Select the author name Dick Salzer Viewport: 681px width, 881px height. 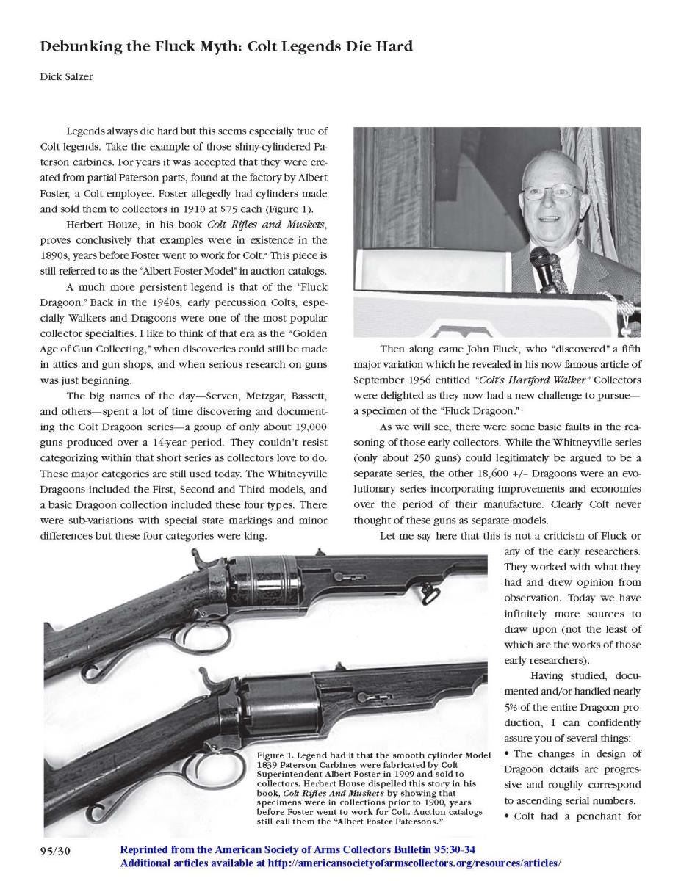point(66,76)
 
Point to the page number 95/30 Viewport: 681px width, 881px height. point(55,851)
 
